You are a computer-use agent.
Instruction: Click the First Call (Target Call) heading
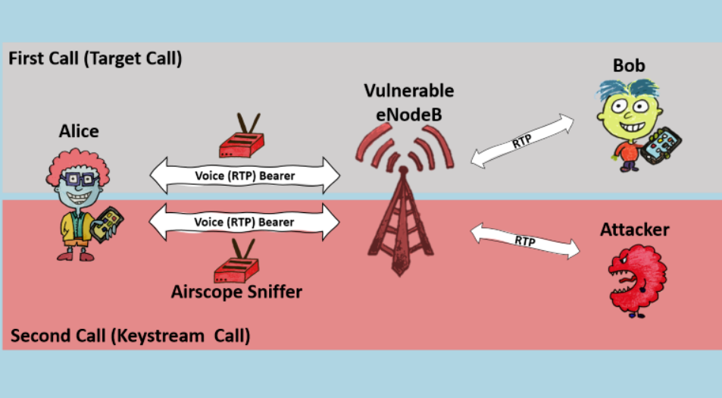coord(95,59)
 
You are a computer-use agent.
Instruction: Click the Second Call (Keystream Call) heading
coord(130,335)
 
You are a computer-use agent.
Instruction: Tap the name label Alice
coord(79,131)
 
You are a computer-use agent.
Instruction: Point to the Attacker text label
coord(635,229)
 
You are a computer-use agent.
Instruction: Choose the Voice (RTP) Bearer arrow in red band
coord(245,222)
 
